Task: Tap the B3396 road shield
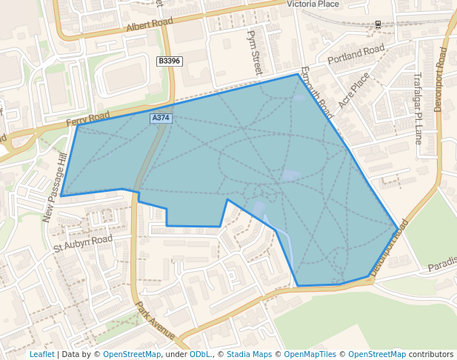pos(169,61)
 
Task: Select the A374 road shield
pos(161,118)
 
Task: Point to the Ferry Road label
pos(87,119)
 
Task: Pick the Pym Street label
pos(256,53)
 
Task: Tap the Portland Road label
pos(356,54)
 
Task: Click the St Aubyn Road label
pos(83,242)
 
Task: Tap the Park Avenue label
pos(155,320)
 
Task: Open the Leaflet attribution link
pos(42,354)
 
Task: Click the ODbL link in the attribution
pos(200,354)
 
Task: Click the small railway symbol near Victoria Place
pos(378,24)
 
